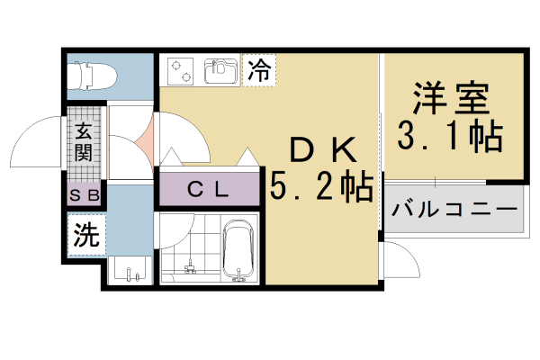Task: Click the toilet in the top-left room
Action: point(90,76)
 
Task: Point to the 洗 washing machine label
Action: point(85,236)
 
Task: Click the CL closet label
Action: point(208,189)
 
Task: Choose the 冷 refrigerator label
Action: point(259,70)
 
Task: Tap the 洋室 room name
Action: point(451,97)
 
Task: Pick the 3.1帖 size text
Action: point(451,137)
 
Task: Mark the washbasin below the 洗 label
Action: point(130,268)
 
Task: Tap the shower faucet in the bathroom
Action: point(189,266)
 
